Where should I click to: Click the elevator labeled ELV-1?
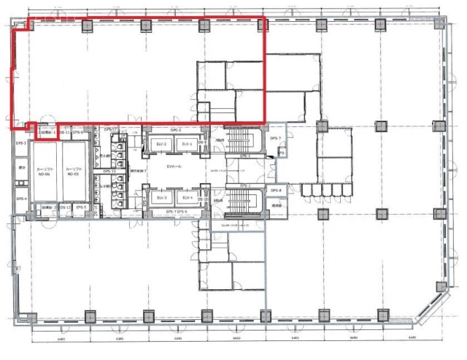coord(187,145)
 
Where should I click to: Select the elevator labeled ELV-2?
coord(161,145)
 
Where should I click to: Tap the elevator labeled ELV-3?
coord(161,198)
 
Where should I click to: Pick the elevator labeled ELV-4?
coord(187,198)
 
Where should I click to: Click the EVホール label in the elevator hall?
coord(174,167)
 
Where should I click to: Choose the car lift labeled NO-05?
coord(74,172)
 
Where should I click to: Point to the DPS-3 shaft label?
coord(21,143)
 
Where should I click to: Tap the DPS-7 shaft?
coord(275,138)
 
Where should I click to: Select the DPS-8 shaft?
coord(276,191)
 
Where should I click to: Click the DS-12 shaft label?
coord(65,207)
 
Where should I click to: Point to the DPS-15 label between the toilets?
coord(110,171)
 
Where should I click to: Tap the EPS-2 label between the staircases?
coord(244,185)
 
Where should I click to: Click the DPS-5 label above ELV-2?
coord(175,131)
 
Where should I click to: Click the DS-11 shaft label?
coord(64,132)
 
